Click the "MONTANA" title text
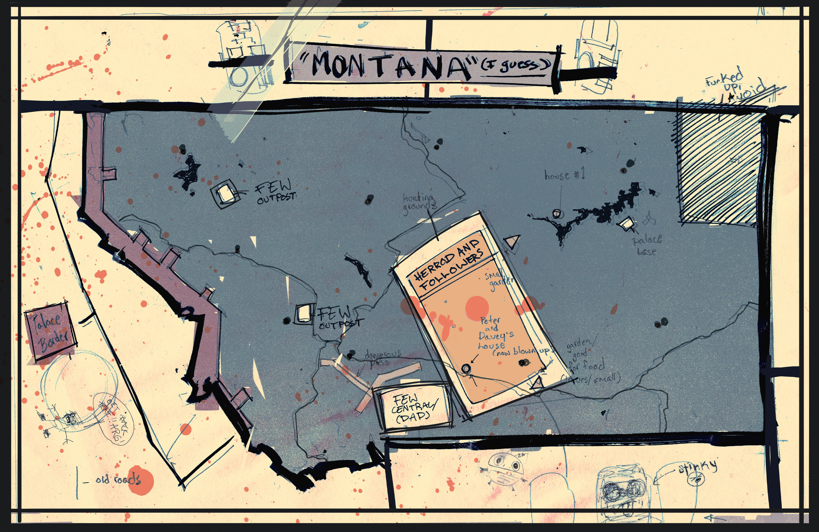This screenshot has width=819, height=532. click(389, 65)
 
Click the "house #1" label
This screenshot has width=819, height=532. click(564, 175)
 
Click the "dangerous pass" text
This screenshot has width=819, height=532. click(382, 358)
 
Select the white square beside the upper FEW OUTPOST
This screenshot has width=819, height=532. click(226, 193)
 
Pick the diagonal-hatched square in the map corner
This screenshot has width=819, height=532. click(719, 168)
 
